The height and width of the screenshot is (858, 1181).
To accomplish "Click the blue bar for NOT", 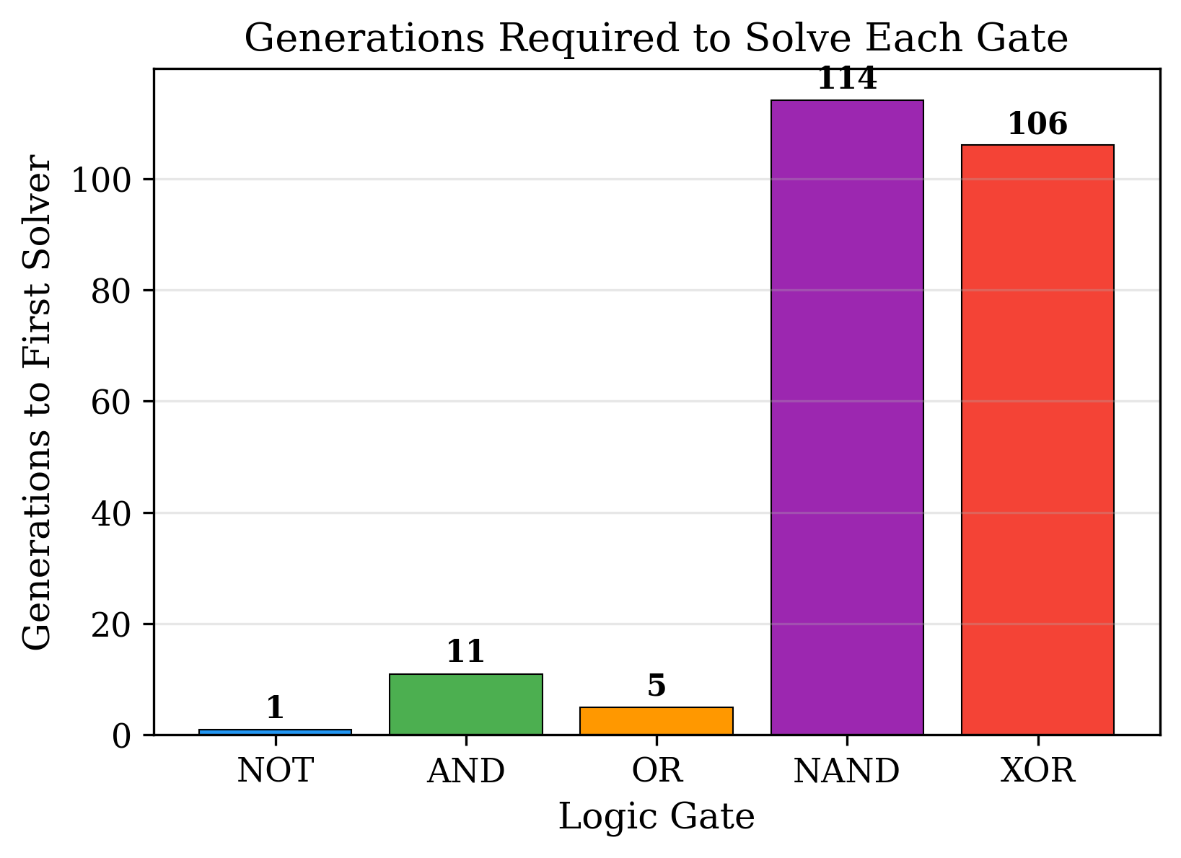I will [x=275, y=732].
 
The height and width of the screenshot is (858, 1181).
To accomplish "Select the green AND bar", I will [x=465, y=704].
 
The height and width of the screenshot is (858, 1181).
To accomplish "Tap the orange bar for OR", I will [x=656, y=721].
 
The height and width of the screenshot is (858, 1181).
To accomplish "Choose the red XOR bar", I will [x=1037, y=440].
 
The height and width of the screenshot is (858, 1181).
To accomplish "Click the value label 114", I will [x=847, y=79].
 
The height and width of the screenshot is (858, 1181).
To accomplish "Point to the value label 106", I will [x=1037, y=125].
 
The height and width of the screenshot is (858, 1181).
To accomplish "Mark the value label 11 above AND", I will [x=465, y=653].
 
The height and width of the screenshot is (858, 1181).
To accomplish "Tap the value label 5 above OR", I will [x=656, y=686].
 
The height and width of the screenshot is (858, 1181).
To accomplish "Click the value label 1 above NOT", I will [x=275, y=708].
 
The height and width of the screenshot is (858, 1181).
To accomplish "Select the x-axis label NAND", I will [x=847, y=771].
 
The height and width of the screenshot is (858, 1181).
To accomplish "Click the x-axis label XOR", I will [x=1037, y=771].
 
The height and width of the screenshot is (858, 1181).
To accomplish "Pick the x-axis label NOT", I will [x=275, y=771].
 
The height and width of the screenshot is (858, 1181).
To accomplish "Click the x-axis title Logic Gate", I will [x=656, y=818].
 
